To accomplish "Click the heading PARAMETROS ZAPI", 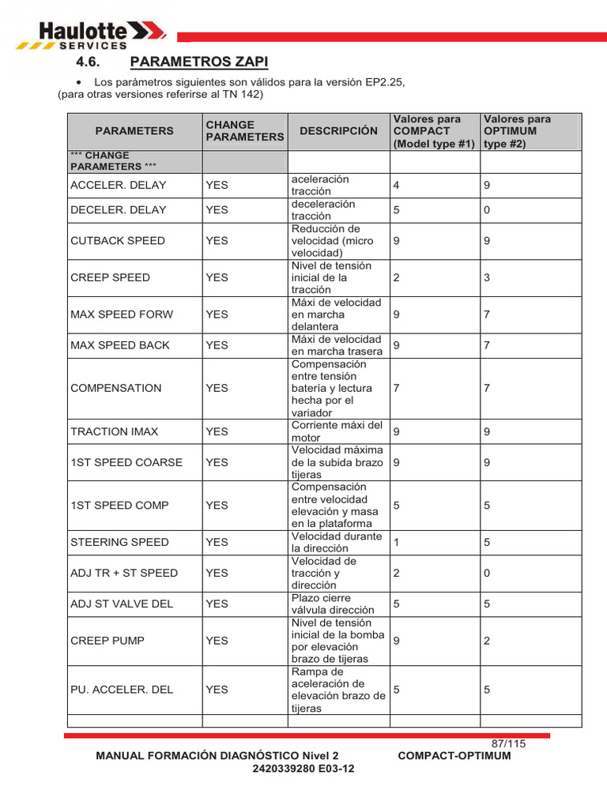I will point(198,62).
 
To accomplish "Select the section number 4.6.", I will point(90,62).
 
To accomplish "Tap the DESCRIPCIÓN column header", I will point(338,130).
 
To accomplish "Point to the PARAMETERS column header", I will point(134,130).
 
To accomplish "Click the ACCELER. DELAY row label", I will point(119,185).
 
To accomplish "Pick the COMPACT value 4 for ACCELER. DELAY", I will point(397,185).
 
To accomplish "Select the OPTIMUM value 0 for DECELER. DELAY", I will point(487,209).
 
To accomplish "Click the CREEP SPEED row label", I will point(110,277).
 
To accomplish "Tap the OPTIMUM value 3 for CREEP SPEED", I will point(487,277).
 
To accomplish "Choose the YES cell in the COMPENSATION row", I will point(217,388).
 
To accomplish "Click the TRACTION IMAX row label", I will point(115,431).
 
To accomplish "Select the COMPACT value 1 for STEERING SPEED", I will point(397,542).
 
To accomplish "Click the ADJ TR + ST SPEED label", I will point(124,573).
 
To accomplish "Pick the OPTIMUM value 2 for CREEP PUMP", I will point(487,641).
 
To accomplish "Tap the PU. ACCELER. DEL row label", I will point(122,690).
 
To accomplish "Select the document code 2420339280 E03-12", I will point(303,769).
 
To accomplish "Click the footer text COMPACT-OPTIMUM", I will point(454,755).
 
